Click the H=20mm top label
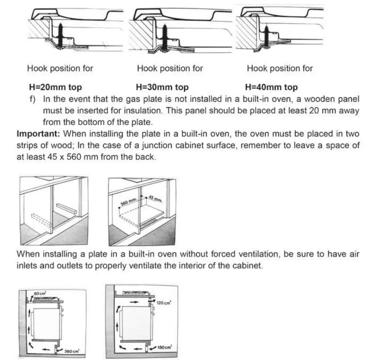55,87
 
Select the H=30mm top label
162,87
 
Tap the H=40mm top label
271,87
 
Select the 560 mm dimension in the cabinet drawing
128,201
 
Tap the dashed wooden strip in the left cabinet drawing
40,220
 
